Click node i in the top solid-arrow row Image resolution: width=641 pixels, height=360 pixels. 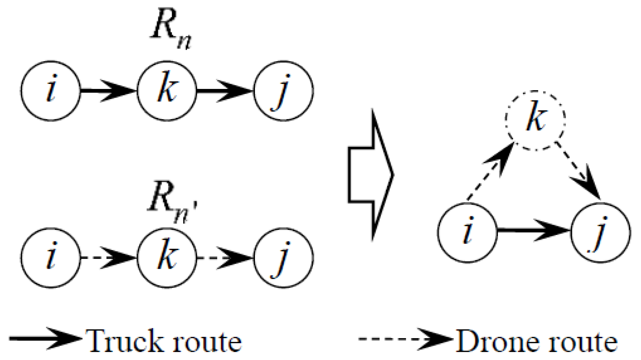(x=51, y=91)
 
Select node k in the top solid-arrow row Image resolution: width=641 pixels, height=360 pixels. (x=167, y=91)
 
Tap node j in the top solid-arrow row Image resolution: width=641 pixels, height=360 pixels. (x=283, y=91)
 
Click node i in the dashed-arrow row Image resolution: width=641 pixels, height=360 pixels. (x=51, y=258)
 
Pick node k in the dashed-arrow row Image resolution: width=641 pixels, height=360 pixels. (x=167, y=258)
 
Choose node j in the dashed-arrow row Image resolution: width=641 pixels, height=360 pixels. (x=283, y=258)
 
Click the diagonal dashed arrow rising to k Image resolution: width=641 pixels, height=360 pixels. (x=490, y=172)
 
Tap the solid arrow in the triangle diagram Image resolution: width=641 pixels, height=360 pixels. (x=534, y=230)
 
